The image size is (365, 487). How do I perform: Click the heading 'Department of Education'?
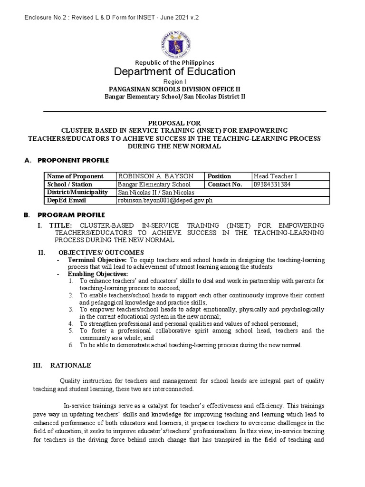pos(174,72)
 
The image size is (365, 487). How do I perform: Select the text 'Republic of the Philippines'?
pos(174,62)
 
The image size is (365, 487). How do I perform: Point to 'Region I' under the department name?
pos(174,82)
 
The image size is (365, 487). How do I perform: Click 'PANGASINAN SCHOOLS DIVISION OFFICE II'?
pos(174,89)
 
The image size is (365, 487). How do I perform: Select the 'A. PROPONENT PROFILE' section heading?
pos(67,160)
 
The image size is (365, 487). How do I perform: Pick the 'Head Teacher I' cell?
pos(275,176)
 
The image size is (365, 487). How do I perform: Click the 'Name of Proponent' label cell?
pos(75,176)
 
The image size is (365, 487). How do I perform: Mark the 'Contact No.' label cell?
pos(225,185)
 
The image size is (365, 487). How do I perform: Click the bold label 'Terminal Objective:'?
pos(97,260)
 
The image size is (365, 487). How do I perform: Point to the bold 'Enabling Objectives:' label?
pos(98,274)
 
